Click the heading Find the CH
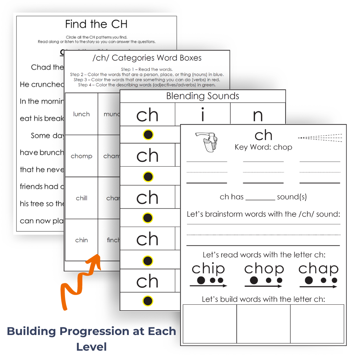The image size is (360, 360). (x=96, y=24)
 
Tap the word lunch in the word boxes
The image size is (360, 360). (x=81, y=114)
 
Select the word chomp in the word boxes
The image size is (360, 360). (x=81, y=156)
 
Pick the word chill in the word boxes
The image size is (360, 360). (x=81, y=198)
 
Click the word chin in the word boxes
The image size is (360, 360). (x=81, y=240)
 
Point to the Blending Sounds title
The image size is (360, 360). (x=203, y=96)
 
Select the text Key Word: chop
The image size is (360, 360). (x=263, y=147)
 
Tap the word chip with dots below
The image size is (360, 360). (x=208, y=269)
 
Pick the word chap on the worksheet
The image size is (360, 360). (x=318, y=269)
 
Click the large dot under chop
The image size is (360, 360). (x=254, y=280)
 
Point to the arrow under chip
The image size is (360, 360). (x=208, y=286)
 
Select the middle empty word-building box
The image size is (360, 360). (x=263, y=324)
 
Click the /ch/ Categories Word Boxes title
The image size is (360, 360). (x=147, y=58)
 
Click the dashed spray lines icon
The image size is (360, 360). (x=320, y=138)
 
